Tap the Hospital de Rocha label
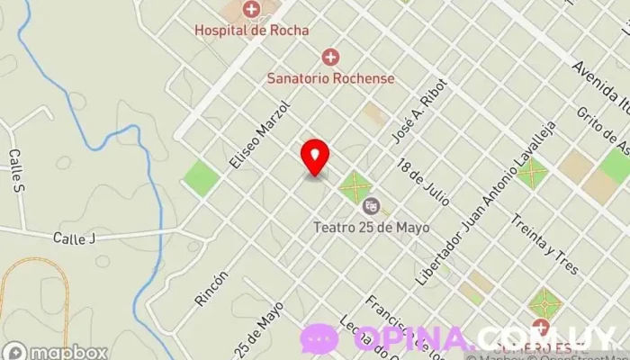(x=251, y=30)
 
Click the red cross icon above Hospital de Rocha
(x=251, y=10)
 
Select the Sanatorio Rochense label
(x=330, y=78)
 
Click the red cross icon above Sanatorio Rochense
(x=330, y=58)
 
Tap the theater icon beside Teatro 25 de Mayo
(x=371, y=207)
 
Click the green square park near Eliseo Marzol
(x=202, y=177)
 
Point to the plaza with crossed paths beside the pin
(x=355, y=188)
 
